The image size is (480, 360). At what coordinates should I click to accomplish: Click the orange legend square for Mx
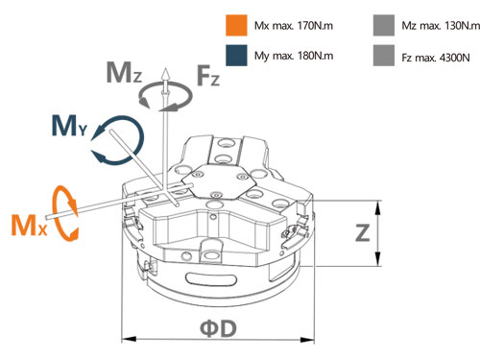point(236,25)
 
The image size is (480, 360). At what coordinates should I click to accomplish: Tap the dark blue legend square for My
point(236,56)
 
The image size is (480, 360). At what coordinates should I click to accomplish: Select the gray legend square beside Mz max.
point(384,25)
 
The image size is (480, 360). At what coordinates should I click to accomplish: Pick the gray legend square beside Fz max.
point(384,56)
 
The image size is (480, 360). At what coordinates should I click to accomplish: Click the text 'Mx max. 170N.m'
point(294,26)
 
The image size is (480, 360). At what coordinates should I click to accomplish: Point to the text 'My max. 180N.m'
point(294,56)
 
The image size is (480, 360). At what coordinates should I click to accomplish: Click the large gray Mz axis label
point(124,73)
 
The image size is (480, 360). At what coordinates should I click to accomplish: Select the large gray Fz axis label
point(208,75)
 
